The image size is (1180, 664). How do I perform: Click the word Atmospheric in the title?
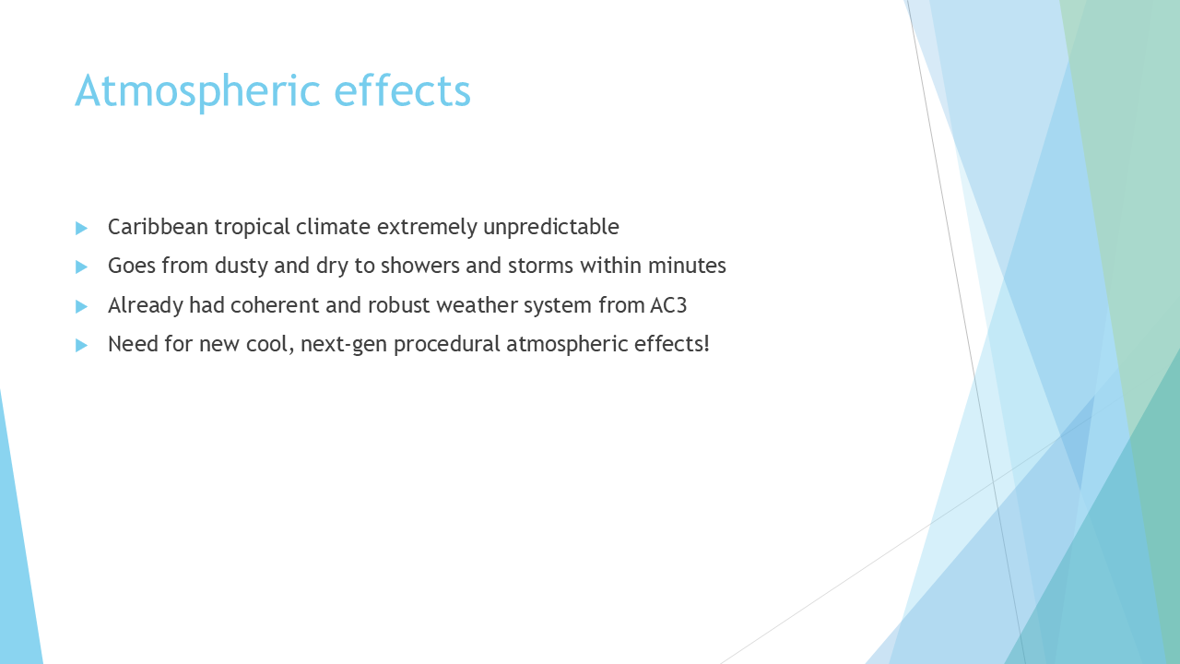[197, 92]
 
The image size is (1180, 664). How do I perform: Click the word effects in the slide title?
[403, 90]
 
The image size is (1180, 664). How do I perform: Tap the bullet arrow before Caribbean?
[81, 228]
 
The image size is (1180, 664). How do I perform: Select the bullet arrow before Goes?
[81, 267]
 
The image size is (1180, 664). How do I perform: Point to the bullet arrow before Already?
[81, 306]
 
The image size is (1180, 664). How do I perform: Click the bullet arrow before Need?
[81, 345]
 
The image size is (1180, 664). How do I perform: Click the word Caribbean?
[158, 227]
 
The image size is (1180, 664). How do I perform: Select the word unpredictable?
[551, 228]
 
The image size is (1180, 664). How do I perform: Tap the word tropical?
[253, 228]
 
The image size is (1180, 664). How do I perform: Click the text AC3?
[668, 305]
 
